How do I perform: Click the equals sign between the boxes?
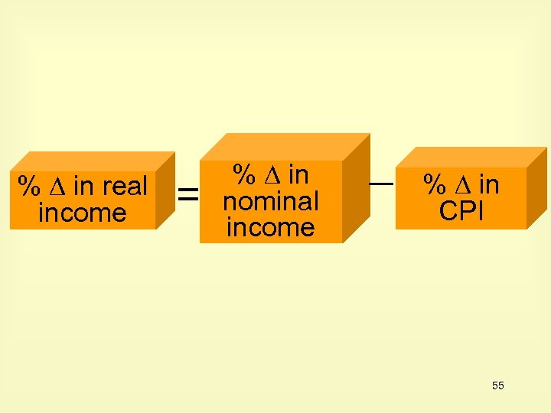(x=187, y=196)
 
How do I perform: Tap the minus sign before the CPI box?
(x=381, y=184)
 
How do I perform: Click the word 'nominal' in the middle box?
(x=270, y=201)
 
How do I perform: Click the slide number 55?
(x=498, y=385)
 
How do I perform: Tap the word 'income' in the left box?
(x=82, y=213)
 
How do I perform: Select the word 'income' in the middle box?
(x=270, y=227)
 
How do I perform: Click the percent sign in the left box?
(x=29, y=186)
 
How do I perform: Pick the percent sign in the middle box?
(x=243, y=175)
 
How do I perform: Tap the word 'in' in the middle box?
(x=298, y=175)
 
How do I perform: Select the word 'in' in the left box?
(x=84, y=186)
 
